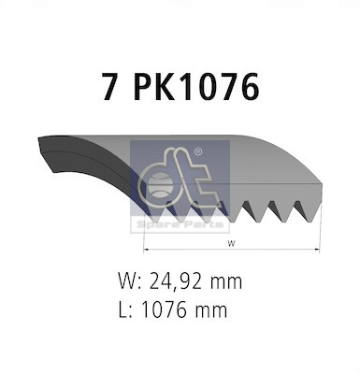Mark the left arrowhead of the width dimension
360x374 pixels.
click(x=145, y=251)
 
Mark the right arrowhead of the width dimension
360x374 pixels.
click(x=318, y=251)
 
